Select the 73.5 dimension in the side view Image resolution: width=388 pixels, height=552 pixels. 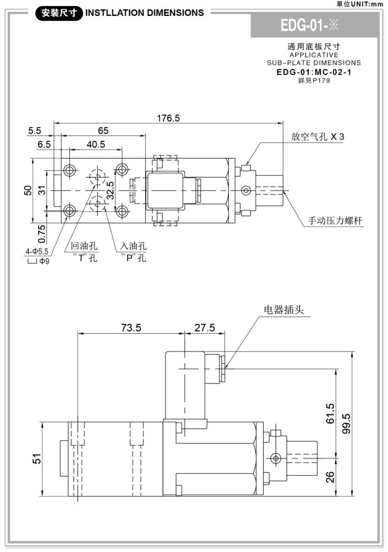click(130, 328)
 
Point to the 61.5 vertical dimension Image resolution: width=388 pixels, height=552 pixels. click(330, 413)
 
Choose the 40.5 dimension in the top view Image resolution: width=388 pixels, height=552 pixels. click(95, 144)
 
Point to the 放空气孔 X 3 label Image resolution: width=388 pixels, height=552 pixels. click(318, 137)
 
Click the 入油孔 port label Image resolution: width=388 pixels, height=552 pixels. click(133, 246)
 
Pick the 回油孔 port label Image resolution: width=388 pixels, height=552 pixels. click(84, 246)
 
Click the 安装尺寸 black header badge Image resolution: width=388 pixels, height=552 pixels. click(58, 12)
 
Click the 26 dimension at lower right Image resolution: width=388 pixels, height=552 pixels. click(330, 476)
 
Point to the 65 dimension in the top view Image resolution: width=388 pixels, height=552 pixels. click(103, 130)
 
